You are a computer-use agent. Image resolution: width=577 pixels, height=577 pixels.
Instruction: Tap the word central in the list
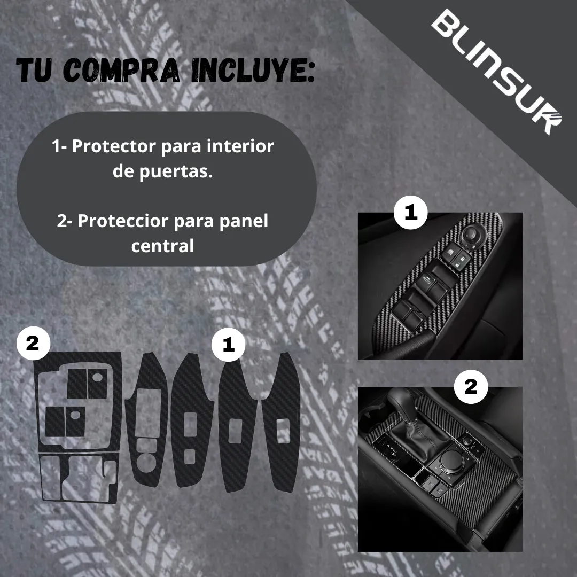coord(162,246)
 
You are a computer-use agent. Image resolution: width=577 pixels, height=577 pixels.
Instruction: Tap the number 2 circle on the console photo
coord(471,387)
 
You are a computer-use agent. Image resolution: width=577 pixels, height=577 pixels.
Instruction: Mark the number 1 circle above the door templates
coord(229,345)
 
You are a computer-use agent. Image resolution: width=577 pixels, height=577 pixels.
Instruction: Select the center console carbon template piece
coord(77,427)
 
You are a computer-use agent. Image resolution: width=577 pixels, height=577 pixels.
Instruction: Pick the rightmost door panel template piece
coord(280,422)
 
